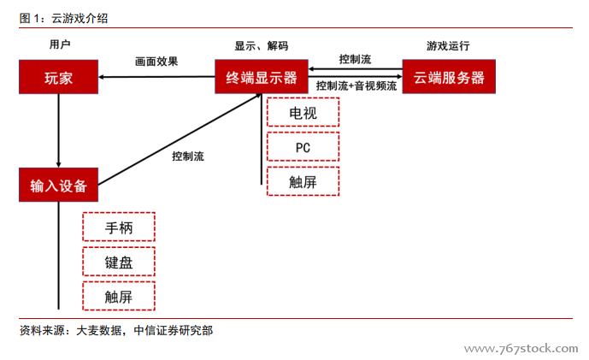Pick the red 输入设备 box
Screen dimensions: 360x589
58,185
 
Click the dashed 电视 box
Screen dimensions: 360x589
303,112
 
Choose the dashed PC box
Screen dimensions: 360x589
303,146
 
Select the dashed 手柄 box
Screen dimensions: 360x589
119,227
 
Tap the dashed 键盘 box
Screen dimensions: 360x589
119,262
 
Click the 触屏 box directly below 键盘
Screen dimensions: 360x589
119,296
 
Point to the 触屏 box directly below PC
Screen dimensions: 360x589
303,180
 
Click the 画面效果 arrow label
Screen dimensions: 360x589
156,62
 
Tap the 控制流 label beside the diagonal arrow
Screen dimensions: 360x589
188,156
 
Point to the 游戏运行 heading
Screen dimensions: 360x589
448,45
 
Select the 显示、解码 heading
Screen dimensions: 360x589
262,45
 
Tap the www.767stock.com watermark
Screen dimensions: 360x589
521,349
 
